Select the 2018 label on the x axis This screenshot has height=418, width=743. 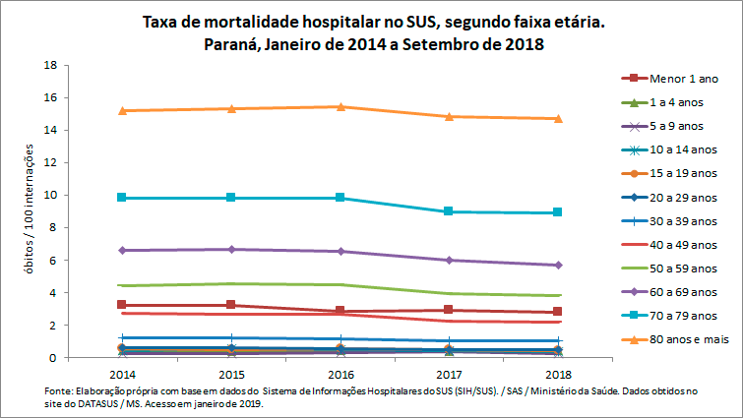[558, 376]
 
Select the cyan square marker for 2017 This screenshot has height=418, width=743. [449, 211]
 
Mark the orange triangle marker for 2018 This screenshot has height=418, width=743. [558, 118]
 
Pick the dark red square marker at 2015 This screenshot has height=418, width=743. [231, 305]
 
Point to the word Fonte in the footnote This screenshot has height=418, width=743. [60, 391]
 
